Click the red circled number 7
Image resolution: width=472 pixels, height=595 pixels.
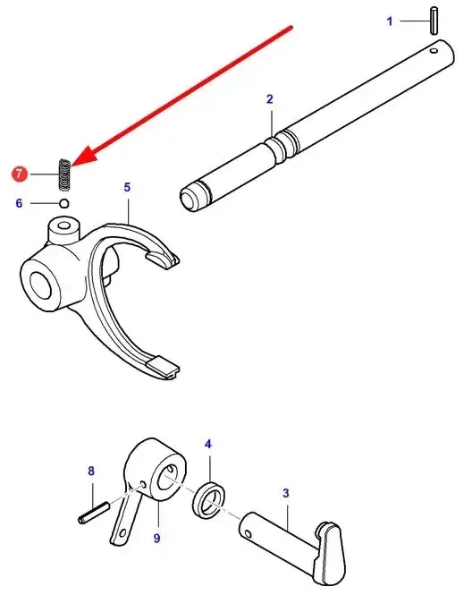[20, 174]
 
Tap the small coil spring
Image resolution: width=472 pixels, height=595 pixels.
[65, 174]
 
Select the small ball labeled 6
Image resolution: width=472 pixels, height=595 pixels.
[64, 203]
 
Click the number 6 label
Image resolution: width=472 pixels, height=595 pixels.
[19, 203]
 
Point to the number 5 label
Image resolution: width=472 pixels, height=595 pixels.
[127, 187]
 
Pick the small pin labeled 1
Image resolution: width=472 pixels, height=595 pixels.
[434, 21]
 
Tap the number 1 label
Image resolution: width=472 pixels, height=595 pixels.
[390, 21]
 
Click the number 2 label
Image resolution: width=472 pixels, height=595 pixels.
[270, 99]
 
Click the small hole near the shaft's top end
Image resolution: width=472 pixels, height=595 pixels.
[434, 50]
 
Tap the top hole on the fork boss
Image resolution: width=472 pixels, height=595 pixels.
[64, 225]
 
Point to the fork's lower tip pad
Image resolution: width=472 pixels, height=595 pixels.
[163, 366]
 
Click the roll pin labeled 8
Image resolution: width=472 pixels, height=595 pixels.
[94, 513]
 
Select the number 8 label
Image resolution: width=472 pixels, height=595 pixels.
[91, 471]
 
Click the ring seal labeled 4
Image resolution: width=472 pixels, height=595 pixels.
[210, 500]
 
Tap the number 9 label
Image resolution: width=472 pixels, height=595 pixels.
[157, 538]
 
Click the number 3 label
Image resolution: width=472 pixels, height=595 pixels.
[286, 493]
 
